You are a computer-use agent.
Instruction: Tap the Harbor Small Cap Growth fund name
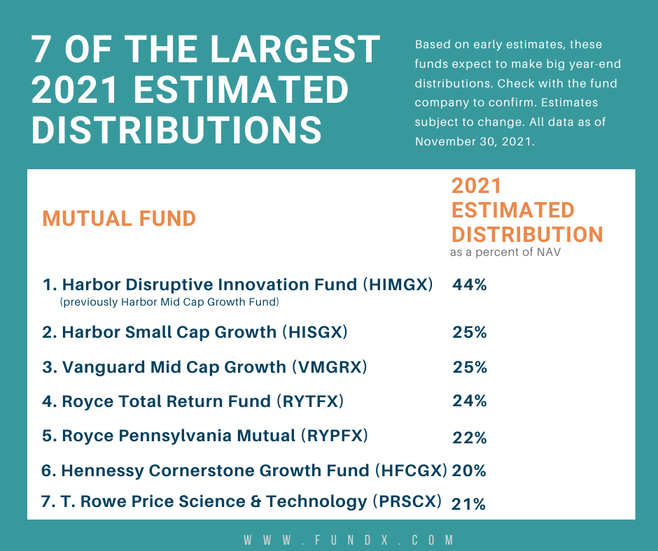[169, 332]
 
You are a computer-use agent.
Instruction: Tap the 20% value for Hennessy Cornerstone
[469, 471]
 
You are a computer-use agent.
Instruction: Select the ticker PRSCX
[408, 501]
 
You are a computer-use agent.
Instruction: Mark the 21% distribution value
[469, 503]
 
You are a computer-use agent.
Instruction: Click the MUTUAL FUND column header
[119, 218]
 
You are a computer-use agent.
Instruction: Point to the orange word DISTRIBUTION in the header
[527, 234]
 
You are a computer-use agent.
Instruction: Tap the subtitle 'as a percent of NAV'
[505, 252]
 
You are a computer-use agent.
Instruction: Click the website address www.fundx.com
[349, 540]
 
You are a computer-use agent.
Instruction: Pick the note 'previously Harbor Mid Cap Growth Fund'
[170, 302]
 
